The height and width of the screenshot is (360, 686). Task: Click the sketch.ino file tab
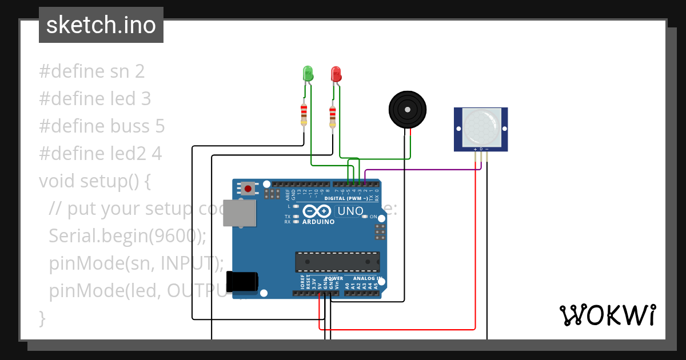tap(101, 25)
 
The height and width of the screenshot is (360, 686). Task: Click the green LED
tap(308, 73)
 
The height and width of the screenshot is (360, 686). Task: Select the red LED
tap(336, 74)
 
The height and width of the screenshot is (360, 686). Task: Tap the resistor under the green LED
tap(304, 114)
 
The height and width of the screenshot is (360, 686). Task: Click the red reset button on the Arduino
tap(248, 188)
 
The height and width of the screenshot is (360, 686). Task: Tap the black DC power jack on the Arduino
tap(242, 282)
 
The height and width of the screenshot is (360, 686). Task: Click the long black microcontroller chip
tap(337, 261)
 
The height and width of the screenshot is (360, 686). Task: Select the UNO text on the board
tap(350, 211)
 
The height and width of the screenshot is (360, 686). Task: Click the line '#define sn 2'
tap(92, 71)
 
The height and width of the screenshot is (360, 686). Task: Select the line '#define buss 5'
tap(102, 126)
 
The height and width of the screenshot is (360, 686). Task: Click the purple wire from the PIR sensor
tap(423, 170)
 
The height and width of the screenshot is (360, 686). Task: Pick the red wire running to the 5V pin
tap(400, 329)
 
